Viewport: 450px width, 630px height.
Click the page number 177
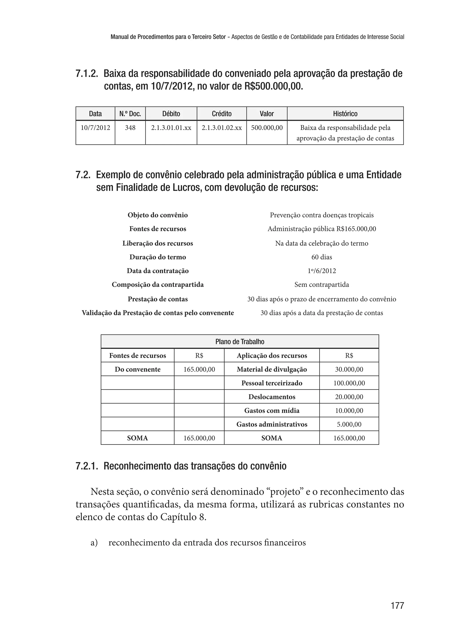(x=397, y=605)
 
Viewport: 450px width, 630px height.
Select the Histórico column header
(x=345, y=114)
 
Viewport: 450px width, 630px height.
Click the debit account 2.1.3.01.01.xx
(x=171, y=128)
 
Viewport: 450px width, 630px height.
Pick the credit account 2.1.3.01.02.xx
(x=221, y=128)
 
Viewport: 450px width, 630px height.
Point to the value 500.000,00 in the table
(x=267, y=128)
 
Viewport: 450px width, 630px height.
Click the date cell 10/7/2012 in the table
(x=95, y=128)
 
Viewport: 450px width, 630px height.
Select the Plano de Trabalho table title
(x=240, y=341)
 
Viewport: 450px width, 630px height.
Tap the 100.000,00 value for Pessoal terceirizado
(x=349, y=383)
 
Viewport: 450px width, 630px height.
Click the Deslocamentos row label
(x=272, y=397)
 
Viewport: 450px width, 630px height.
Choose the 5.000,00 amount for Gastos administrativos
(x=349, y=424)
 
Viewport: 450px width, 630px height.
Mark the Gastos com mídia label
(x=272, y=410)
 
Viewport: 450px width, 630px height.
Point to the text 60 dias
(x=321, y=257)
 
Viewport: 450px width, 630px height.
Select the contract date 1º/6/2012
(x=321, y=271)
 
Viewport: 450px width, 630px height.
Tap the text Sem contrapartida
(x=321, y=285)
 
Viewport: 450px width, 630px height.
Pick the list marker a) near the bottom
(x=94, y=543)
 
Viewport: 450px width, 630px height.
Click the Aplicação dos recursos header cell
(x=272, y=356)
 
